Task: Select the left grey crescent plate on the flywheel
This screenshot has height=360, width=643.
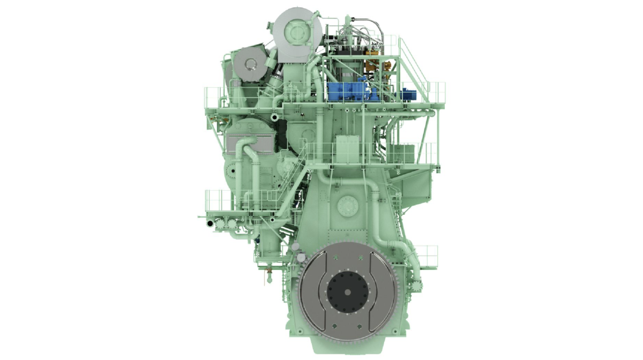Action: click(x=312, y=292)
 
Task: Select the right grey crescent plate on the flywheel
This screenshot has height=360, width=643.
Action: click(x=384, y=292)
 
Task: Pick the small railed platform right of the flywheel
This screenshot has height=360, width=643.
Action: click(x=426, y=256)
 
